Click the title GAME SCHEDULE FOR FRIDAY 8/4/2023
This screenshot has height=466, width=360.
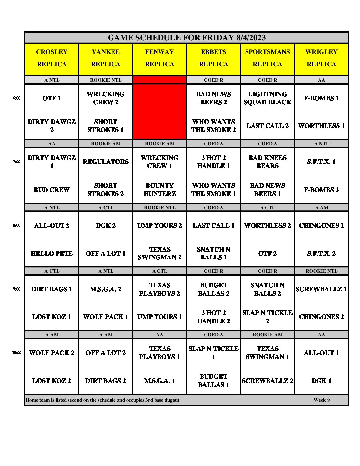coord(187,38)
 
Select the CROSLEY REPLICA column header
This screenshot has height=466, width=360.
coord(52,58)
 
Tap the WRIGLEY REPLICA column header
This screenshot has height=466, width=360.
coord(321,58)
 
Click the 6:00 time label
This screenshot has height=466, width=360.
coord(17,98)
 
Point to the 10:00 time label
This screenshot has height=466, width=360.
coord(17,353)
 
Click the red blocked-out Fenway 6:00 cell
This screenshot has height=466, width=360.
coord(159,112)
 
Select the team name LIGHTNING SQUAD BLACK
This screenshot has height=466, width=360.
coord(267,98)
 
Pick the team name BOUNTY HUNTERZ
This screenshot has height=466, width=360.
coord(159,190)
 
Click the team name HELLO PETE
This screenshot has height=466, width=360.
coord(52,253)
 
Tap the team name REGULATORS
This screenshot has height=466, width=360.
coord(106,162)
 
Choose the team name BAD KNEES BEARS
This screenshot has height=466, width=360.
coord(267,162)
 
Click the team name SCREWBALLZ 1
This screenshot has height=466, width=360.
coord(321,289)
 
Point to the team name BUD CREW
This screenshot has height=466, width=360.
coord(52,190)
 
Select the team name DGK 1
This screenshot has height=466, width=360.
coord(321,381)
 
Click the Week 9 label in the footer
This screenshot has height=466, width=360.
coord(321,400)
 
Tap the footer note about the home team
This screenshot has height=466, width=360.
coord(103,400)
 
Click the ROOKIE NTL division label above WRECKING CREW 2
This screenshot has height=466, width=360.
coord(106,80)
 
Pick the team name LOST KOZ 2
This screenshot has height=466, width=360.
coord(52,381)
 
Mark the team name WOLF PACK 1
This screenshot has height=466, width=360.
coord(106,317)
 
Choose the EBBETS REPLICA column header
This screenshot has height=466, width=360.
coord(213,58)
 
